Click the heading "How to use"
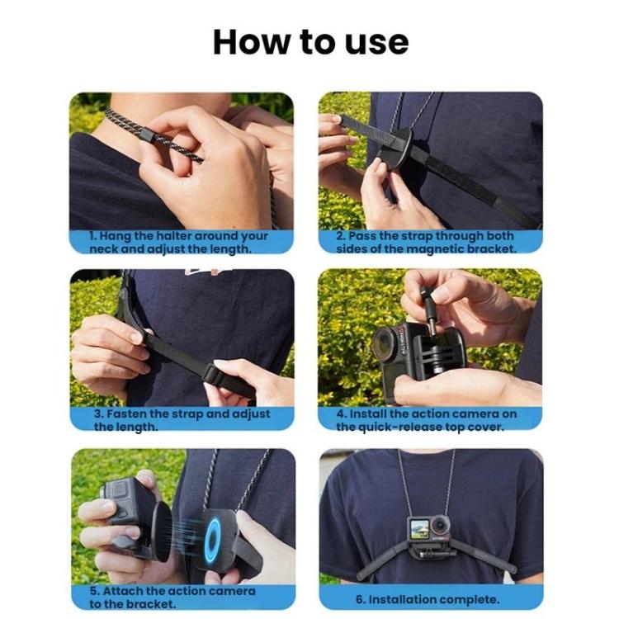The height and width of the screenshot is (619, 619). [x=310, y=41]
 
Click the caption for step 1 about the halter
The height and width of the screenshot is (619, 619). [x=179, y=242]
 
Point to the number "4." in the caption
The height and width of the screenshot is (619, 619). [x=342, y=413]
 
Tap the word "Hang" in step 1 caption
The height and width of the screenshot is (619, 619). [x=116, y=236]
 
